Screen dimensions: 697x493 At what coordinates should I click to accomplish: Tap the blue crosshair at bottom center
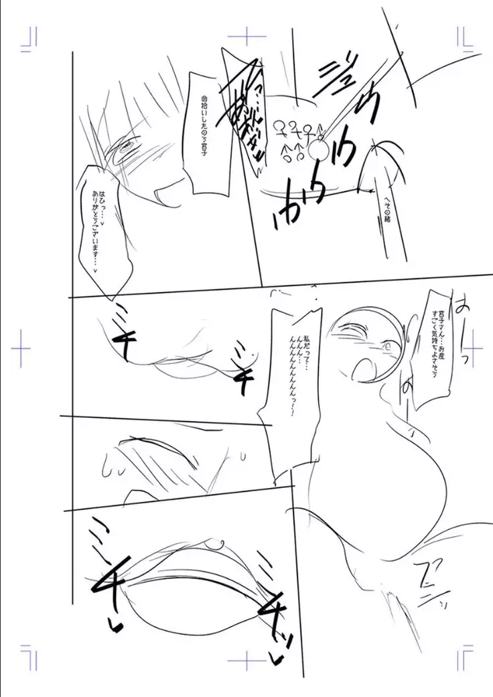tap(246, 661)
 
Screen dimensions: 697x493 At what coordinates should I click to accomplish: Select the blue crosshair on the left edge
tap(22, 347)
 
